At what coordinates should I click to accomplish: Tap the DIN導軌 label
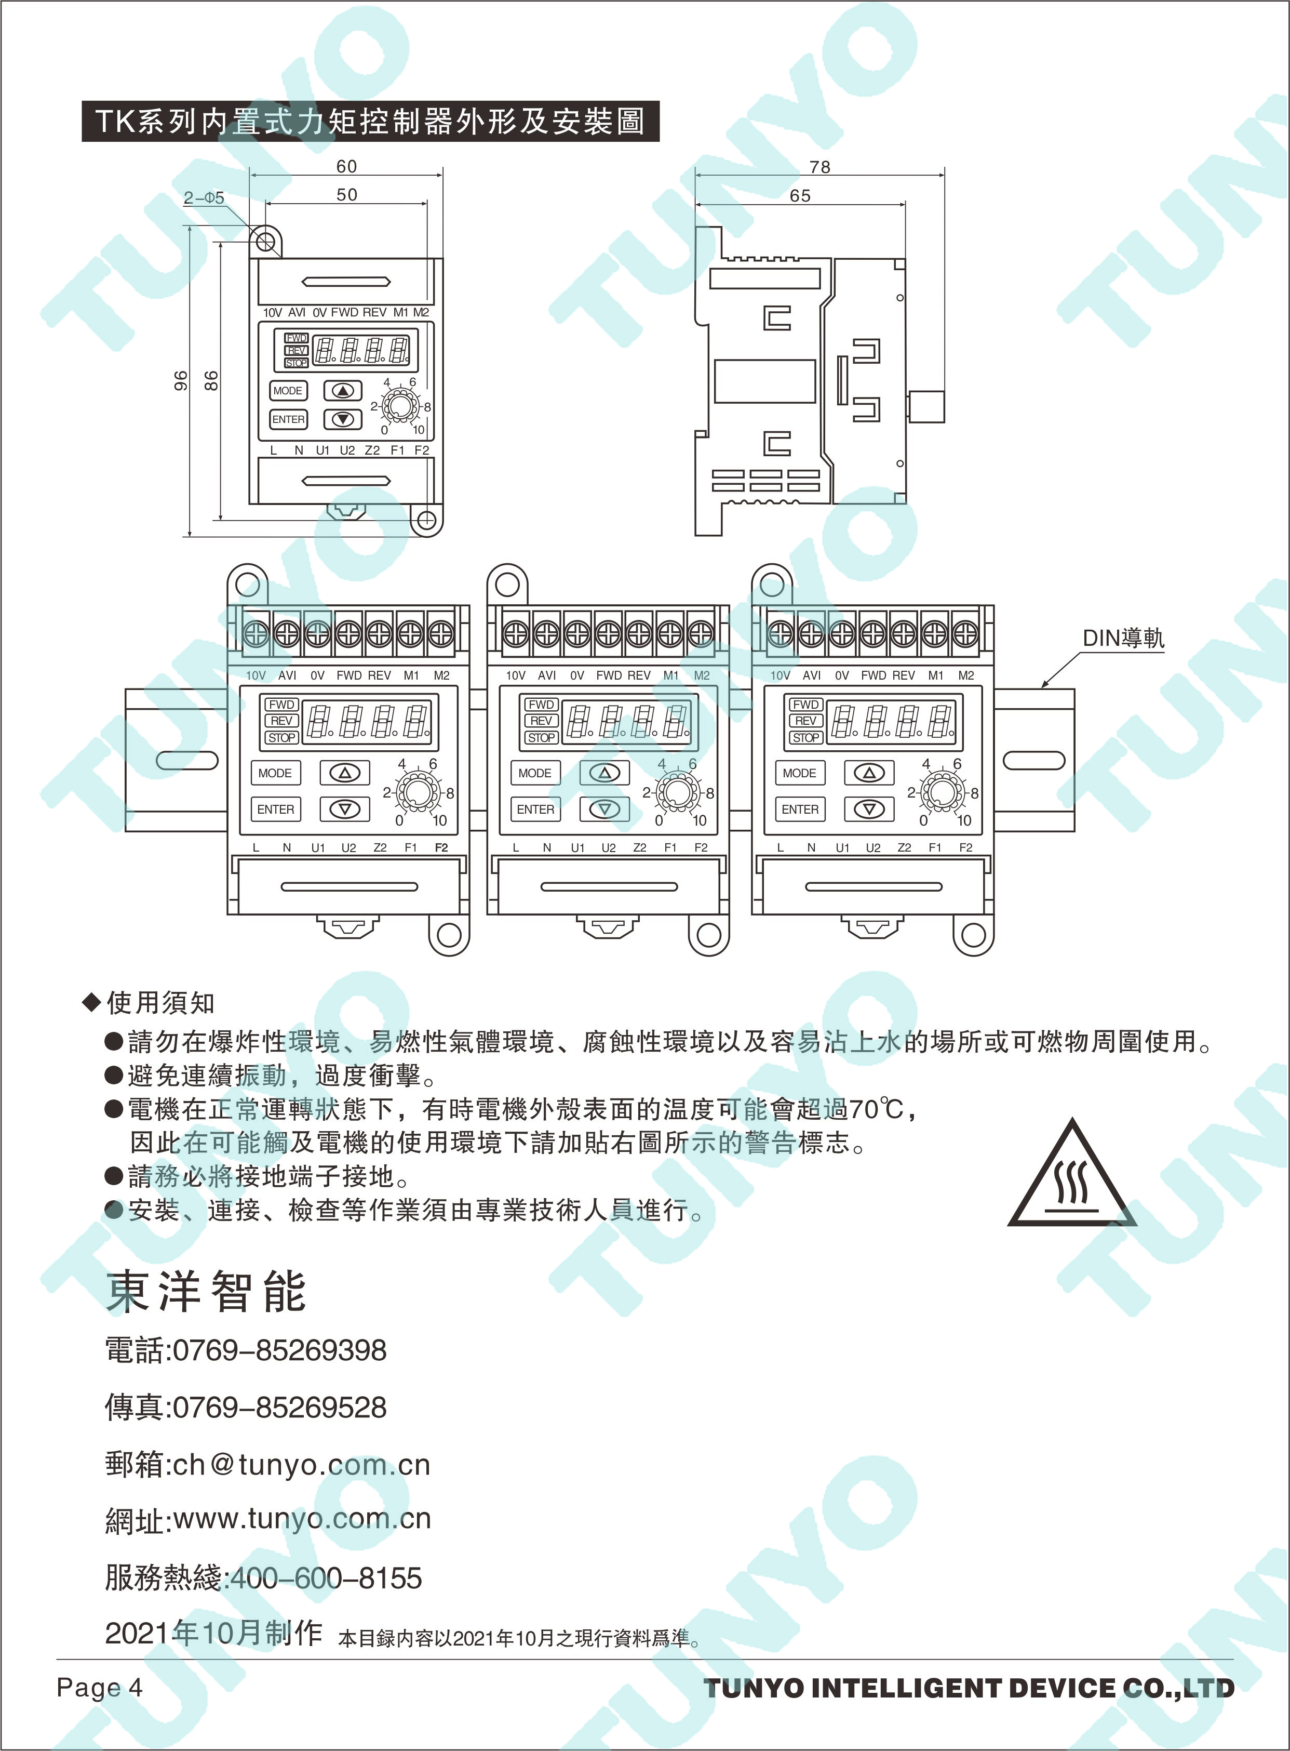(x=1123, y=639)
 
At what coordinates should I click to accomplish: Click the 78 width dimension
(x=820, y=167)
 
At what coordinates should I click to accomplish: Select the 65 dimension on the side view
(x=800, y=195)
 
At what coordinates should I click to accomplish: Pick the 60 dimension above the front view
(x=347, y=166)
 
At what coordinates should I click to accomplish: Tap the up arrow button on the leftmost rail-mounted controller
(x=344, y=773)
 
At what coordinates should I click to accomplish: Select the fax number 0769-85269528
(x=279, y=1407)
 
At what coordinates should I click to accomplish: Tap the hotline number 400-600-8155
(x=327, y=1577)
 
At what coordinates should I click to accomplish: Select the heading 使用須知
(x=160, y=1002)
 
